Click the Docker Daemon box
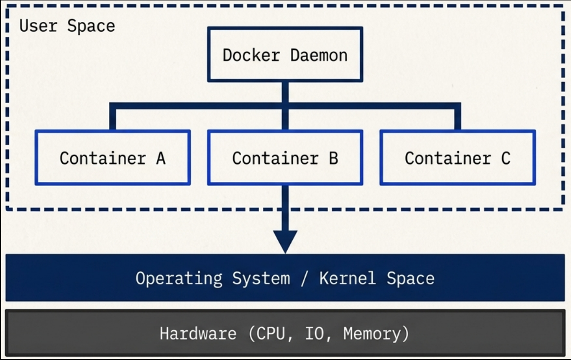285,54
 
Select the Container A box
113,158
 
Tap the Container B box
285,158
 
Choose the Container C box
457,158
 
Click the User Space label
67,26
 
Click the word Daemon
319,55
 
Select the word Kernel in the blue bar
347,278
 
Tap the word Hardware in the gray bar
198,333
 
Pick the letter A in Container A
161,158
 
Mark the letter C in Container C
505,158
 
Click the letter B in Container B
333,158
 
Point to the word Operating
179,279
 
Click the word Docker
251,55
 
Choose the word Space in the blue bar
410,278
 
